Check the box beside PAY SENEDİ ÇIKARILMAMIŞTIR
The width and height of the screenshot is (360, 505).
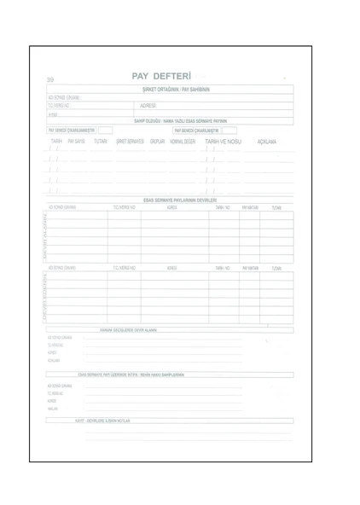point(105,131)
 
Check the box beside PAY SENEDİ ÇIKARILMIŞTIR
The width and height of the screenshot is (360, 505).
point(228,131)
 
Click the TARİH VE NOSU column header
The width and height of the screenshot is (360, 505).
point(224,141)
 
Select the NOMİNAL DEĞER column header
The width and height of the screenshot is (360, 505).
point(183,141)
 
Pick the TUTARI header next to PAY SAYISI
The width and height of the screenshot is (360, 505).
point(102,141)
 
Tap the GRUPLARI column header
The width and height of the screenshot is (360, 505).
point(157,141)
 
